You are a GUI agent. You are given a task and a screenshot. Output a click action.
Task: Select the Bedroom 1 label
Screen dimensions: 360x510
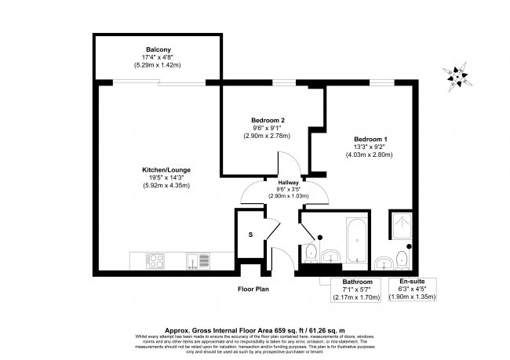click(369, 139)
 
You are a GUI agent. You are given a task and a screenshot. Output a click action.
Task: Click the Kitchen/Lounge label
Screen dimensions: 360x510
click(166, 169)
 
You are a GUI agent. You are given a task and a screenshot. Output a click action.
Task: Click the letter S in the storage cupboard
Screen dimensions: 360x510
click(250, 234)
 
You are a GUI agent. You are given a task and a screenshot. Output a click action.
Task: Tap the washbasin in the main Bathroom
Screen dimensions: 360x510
click(330, 256)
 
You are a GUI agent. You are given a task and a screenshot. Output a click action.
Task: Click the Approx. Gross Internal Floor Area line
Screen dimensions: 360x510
click(257, 330)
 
